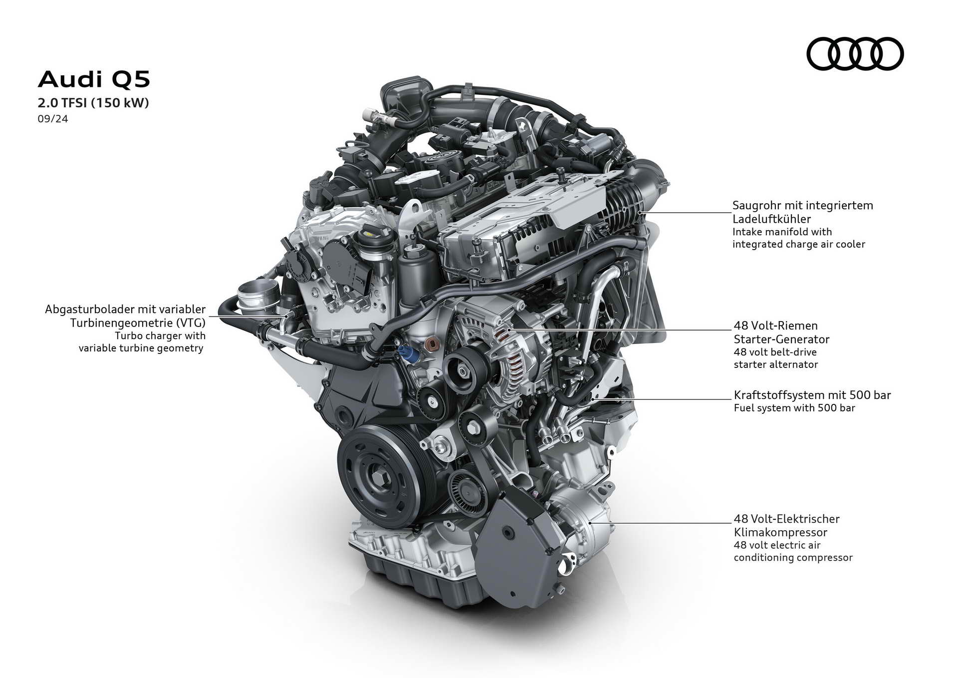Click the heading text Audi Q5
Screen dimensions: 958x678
point(94,79)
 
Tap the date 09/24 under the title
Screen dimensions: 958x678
point(53,119)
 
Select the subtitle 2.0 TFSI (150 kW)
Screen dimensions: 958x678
point(93,103)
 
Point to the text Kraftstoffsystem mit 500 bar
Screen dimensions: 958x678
point(812,395)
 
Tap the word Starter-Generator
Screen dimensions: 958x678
point(781,339)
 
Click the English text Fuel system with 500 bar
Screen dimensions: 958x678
point(794,408)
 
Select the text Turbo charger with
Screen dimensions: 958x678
point(160,336)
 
